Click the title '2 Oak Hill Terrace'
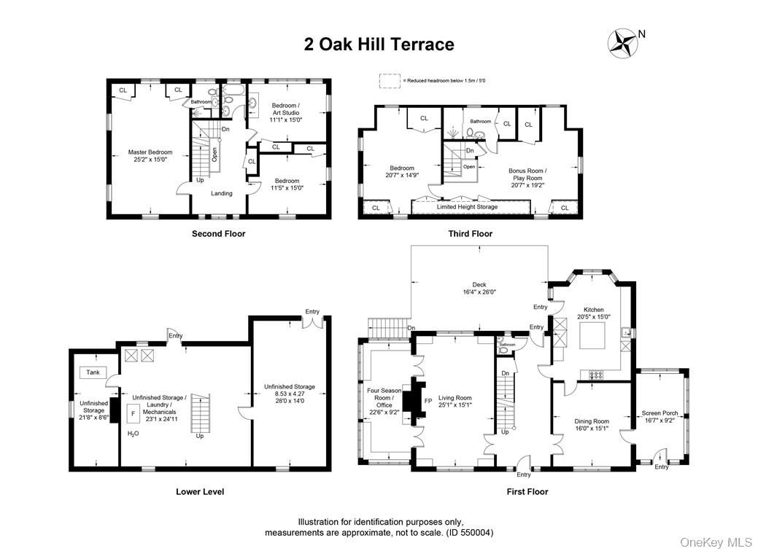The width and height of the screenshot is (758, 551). pyautogui.click(x=379, y=44)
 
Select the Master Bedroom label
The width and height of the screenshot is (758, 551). pyautogui.click(x=150, y=155)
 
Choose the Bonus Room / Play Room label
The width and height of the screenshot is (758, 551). pyautogui.click(x=527, y=178)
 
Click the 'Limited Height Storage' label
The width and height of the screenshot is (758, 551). pyautogui.click(x=467, y=207)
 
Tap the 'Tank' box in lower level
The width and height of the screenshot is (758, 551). pyautogui.click(x=93, y=372)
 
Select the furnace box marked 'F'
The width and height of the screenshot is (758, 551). pyautogui.click(x=133, y=413)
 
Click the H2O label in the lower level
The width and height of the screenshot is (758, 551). pyautogui.click(x=134, y=434)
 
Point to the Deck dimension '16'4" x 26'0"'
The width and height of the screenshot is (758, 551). pyautogui.click(x=479, y=292)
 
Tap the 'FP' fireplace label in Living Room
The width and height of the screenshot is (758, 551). pyautogui.click(x=428, y=401)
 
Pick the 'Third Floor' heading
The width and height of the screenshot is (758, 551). pyautogui.click(x=470, y=234)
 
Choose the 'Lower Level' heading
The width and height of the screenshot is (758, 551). pyautogui.click(x=199, y=491)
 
